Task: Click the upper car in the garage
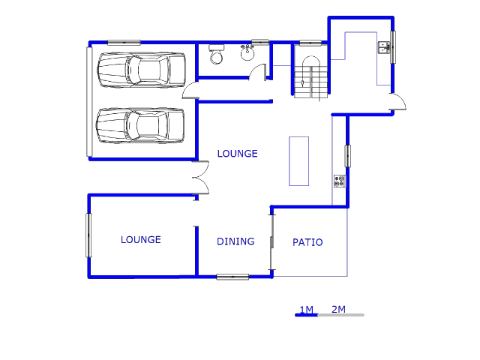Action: pos(141,70)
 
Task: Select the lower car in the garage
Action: pos(141,125)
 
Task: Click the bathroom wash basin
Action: pos(247,52)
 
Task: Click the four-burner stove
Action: pos(339,181)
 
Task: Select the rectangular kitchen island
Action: pos(298,160)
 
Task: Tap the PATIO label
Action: pos(307,242)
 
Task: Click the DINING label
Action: pos(235,241)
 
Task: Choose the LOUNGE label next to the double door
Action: pos(237,154)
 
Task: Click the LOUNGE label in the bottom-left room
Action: pos(141,240)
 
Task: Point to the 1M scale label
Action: pos(306,309)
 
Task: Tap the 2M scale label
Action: pos(338,309)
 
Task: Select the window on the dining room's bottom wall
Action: pos(232,277)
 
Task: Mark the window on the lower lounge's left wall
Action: pos(88,235)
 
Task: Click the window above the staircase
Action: pos(310,43)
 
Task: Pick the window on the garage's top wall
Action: pos(124,42)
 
